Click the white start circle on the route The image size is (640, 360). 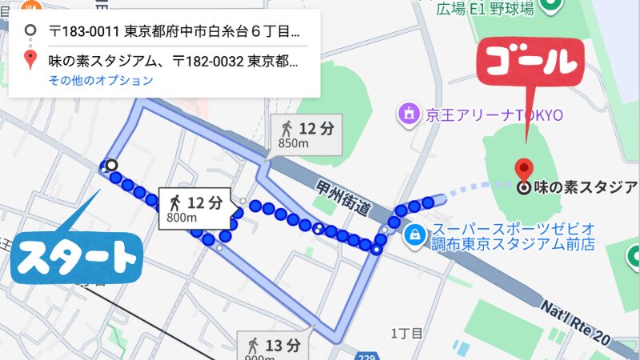pyautogui.click(x=112, y=165)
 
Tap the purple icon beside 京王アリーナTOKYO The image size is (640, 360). pyautogui.click(x=409, y=114)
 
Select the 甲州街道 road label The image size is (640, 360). pyautogui.click(x=342, y=197)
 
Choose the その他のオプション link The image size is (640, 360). pyautogui.click(x=100, y=80)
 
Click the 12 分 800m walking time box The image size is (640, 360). pyautogui.click(x=195, y=208)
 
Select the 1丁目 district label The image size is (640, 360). pyautogui.click(x=406, y=333)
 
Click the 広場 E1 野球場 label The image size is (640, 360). pyautogui.click(x=485, y=8)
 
